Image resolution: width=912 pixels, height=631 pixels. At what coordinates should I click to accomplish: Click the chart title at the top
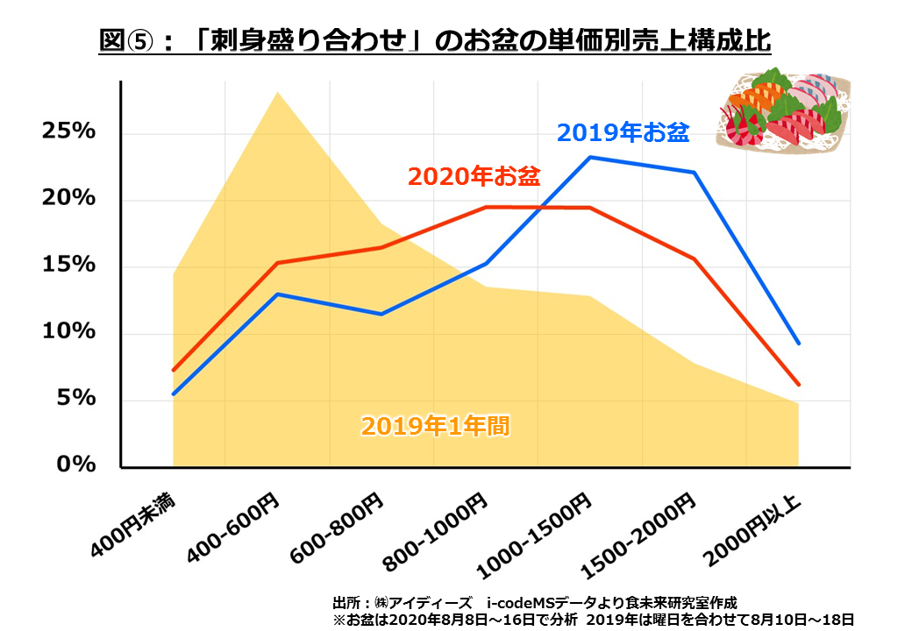[435, 41]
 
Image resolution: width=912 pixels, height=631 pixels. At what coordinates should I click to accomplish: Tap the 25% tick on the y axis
[68, 131]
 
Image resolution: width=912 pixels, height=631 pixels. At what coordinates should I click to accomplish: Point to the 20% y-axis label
[68, 198]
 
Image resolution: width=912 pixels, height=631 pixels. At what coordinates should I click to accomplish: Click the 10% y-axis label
[68, 332]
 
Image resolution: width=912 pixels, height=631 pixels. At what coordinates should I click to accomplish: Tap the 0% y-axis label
[75, 464]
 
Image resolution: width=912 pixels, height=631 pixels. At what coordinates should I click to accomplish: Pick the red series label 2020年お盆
[474, 176]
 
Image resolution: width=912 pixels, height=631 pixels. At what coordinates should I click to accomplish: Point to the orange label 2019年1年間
[435, 427]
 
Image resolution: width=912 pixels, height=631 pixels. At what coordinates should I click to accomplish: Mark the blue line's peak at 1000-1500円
[590, 158]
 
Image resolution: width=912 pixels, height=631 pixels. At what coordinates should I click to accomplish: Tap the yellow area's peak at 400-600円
[278, 92]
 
